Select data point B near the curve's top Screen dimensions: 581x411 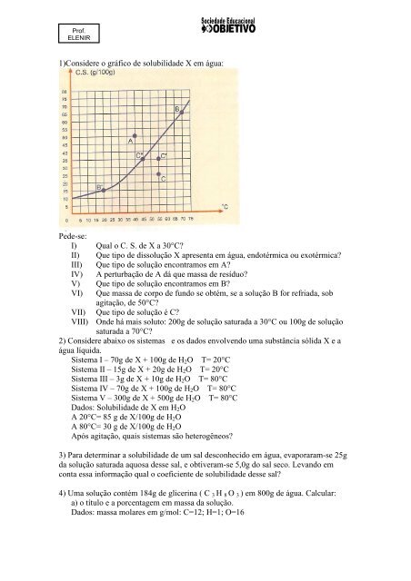point(182,112)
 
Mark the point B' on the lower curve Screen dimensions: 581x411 point(104,190)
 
